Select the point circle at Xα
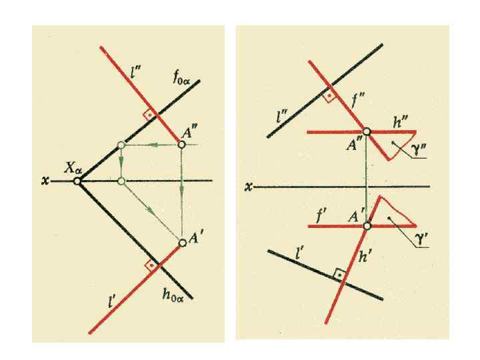tap(79, 181)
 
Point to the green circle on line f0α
tap(121, 145)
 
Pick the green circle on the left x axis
tap(121, 181)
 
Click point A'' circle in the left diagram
tap(181, 144)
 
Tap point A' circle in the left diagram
tap(181, 242)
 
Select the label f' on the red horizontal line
tap(320, 215)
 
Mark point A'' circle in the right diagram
tap(366, 132)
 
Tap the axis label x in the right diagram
tap(248, 187)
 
